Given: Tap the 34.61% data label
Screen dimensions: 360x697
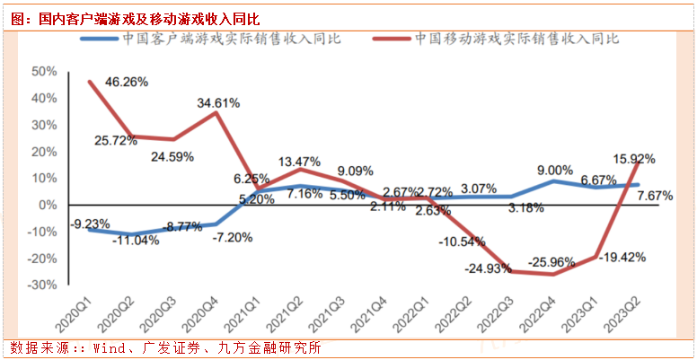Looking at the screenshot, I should [x=219, y=103].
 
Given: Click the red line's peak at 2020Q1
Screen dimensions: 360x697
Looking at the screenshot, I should [x=90, y=82].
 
